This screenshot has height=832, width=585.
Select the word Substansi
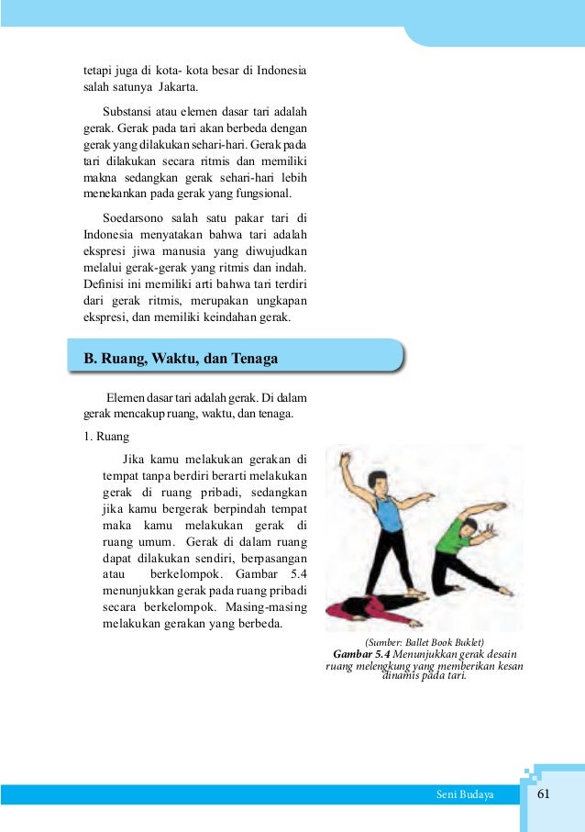point(129,113)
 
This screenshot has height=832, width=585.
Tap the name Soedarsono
point(141,217)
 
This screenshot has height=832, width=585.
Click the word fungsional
point(260,194)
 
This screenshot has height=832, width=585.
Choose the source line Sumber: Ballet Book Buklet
point(424,641)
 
